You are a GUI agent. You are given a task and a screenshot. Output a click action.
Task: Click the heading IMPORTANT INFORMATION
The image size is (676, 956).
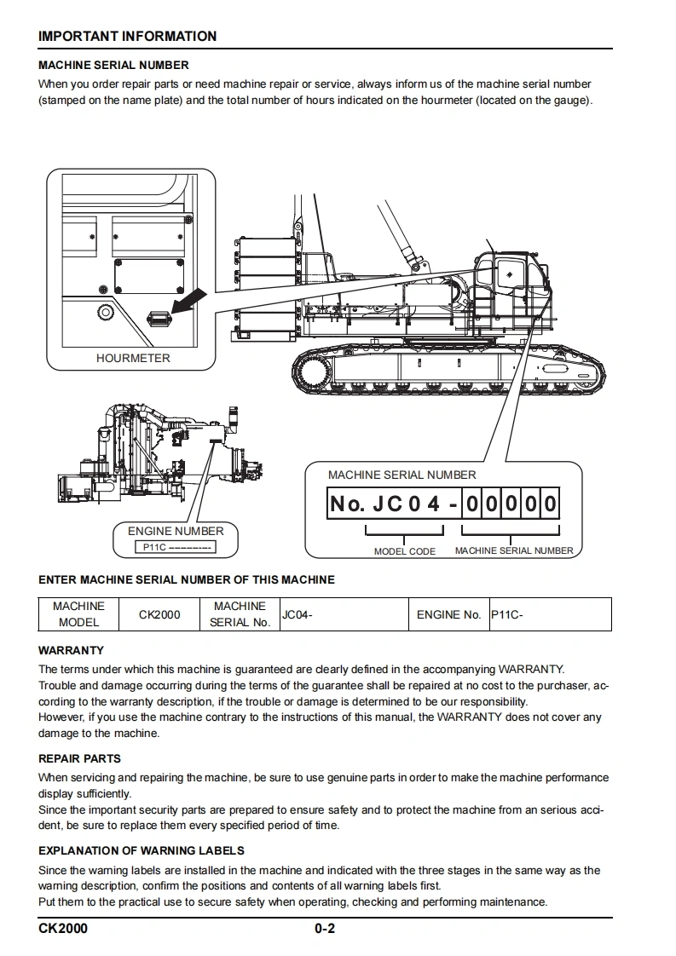[x=128, y=37]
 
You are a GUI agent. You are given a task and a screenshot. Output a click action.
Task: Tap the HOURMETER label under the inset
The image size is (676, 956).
[x=133, y=359]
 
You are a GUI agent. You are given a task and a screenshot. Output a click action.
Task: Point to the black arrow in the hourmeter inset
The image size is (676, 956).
[x=188, y=301]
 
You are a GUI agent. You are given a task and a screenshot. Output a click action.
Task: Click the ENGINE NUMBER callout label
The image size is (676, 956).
[x=176, y=532]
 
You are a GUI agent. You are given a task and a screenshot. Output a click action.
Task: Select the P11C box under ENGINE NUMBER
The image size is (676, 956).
[x=175, y=547]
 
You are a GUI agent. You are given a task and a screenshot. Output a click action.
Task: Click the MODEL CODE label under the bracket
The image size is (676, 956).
[x=405, y=551]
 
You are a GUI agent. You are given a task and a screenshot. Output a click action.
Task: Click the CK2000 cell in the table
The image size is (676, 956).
[x=159, y=614]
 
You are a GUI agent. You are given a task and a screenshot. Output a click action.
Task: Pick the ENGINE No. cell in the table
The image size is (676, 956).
[x=449, y=614]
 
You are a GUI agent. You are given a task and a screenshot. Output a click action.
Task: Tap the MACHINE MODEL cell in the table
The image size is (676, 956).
[x=79, y=614]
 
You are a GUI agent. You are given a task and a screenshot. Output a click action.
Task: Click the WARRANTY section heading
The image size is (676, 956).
[x=72, y=650]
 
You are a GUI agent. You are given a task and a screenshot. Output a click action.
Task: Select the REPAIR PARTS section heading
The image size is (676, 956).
[x=80, y=758]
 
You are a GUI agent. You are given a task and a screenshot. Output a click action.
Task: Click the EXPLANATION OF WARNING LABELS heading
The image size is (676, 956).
[x=142, y=850]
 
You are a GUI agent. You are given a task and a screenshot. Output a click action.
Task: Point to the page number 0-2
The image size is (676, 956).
[x=325, y=929]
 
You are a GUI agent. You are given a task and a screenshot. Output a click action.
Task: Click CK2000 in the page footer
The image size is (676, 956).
[x=63, y=929]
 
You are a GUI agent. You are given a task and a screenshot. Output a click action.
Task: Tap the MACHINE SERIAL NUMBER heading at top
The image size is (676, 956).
[x=114, y=65]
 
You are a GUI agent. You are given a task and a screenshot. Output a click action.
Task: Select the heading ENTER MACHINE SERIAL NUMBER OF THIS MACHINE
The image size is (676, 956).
[x=187, y=580]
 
